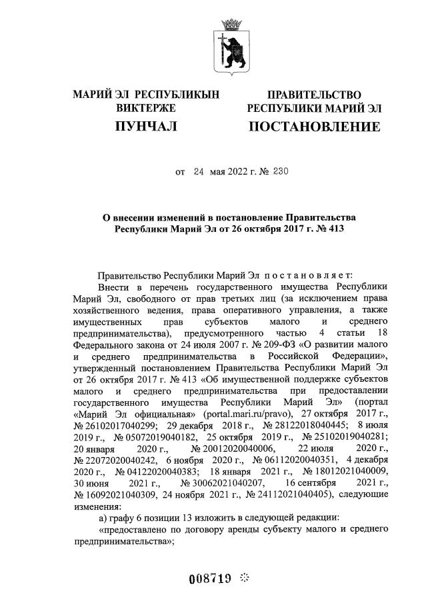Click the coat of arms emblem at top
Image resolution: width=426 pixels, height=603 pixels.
233,47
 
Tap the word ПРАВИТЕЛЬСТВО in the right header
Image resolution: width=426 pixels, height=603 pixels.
314,95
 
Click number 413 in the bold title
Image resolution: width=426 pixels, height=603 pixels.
334,229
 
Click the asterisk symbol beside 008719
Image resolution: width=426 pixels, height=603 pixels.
244,578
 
